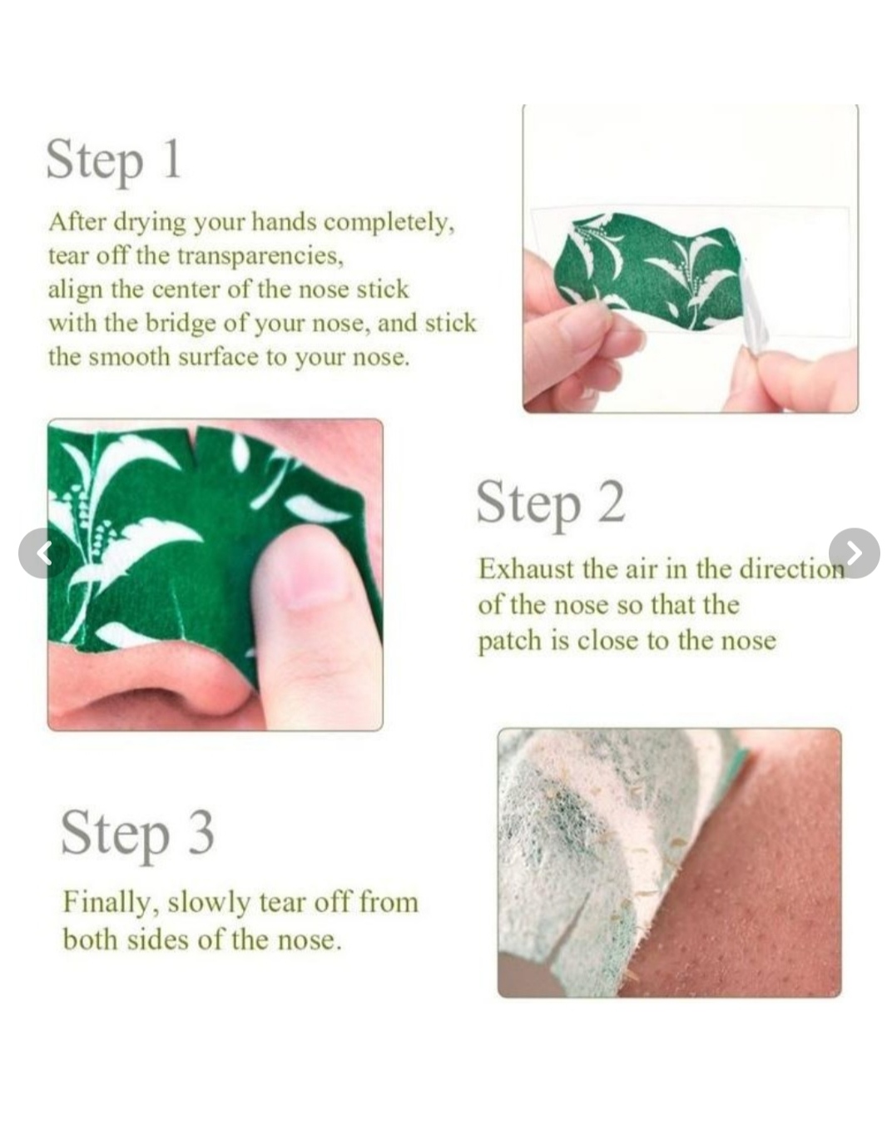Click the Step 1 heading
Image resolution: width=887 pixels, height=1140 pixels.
pyautogui.click(x=114, y=161)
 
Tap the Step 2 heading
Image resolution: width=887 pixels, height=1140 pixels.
pyautogui.click(x=551, y=503)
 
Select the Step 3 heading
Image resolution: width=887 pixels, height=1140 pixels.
pyautogui.click(x=137, y=834)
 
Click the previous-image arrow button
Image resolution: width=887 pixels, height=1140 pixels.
pyautogui.click(x=44, y=553)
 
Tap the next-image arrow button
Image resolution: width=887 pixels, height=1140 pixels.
pyautogui.click(x=854, y=553)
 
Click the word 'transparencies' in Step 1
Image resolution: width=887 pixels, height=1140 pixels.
pyautogui.click(x=260, y=256)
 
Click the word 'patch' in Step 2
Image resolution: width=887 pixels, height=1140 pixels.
pyautogui.click(x=509, y=642)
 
